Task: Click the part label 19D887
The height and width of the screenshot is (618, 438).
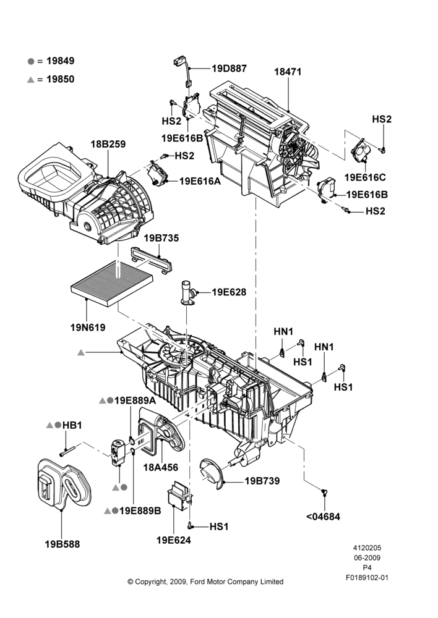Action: (x=230, y=69)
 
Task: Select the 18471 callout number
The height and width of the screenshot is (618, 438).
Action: (x=288, y=72)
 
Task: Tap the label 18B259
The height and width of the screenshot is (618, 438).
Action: (x=108, y=144)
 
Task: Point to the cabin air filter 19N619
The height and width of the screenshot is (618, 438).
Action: (x=112, y=282)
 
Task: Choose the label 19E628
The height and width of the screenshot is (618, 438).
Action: (x=229, y=292)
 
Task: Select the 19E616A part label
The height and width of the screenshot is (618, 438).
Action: (x=200, y=181)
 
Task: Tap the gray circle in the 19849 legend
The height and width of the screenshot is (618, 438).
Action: (x=31, y=61)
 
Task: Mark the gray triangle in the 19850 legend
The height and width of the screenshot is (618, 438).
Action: (x=31, y=80)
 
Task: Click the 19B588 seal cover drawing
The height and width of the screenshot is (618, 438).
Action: (x=64, y=483)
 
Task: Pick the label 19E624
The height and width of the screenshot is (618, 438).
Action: (x=174, y=540)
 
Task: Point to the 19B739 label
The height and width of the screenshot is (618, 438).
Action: (x=262, y=481)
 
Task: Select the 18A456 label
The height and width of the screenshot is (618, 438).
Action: (x=161, y=467)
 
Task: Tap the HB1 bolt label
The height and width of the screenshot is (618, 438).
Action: (x=72, y=425)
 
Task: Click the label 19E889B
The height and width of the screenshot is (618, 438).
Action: (x=140, y=511)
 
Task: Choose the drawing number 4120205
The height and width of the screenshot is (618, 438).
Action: (x=367, y=548)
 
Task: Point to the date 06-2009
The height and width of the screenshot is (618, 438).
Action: (x=367, y=557)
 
